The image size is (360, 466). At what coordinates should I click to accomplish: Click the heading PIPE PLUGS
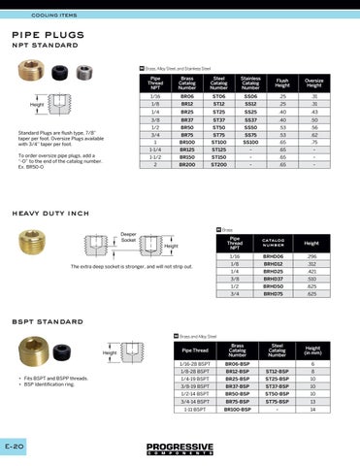tap(48, 34)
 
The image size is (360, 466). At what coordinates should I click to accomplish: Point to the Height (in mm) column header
tap(312, 349)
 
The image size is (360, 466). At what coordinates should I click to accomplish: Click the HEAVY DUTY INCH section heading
tap(50, 213)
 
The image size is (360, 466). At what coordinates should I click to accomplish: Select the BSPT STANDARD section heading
tap(47, 319)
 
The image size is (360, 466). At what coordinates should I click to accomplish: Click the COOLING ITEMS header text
tap(53, 17)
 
